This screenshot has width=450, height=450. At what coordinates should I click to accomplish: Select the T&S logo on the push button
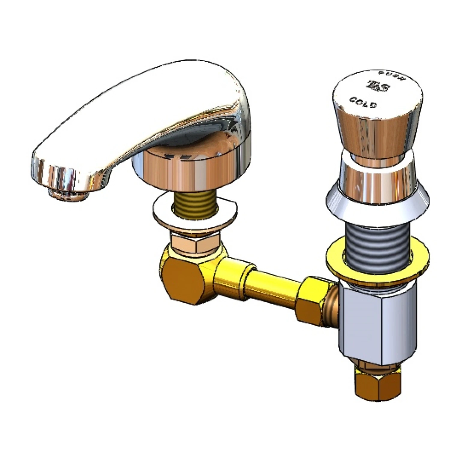(x=379, y=86)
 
